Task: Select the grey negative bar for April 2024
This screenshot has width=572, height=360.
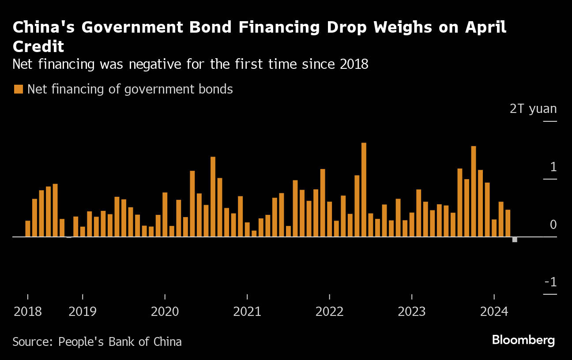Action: [515, 240]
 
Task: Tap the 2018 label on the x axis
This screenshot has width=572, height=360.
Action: [28, 312]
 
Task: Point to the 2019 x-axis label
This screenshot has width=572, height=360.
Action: [83, 312]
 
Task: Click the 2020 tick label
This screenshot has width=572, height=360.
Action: [165, 312]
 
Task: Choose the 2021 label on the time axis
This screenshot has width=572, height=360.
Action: [247, 312]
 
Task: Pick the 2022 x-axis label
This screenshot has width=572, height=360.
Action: [329, 312]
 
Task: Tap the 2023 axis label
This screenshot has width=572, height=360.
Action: [412, 312]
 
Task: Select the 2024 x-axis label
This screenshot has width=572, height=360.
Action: [494, 312]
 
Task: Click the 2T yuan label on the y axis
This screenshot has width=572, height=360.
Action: [533, 109]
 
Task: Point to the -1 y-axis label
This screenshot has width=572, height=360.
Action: [550, 282]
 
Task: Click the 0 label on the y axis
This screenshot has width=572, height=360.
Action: [553, 225]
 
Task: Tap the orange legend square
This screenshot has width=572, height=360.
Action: [19, 90]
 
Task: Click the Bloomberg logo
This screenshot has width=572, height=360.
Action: [523, 340]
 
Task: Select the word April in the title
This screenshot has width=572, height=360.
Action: [484, 27]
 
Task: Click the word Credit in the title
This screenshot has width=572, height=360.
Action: [38, 46]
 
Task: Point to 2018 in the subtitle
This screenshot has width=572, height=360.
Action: [354, 64]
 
